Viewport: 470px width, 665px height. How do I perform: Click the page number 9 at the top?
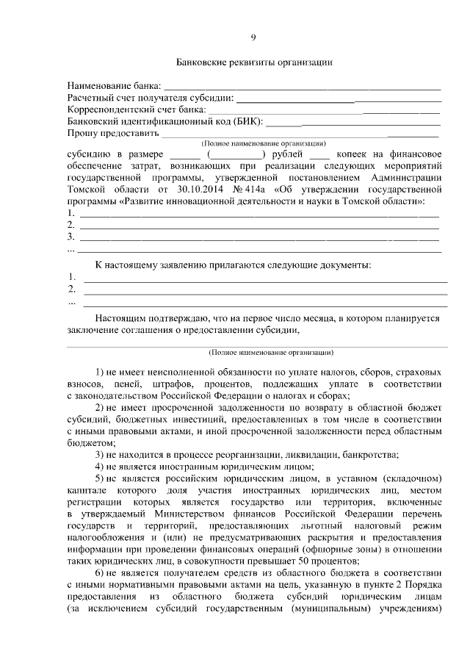(x=253, y=38)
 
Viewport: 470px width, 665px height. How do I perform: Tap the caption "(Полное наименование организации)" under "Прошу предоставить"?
(x=253, y=143)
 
